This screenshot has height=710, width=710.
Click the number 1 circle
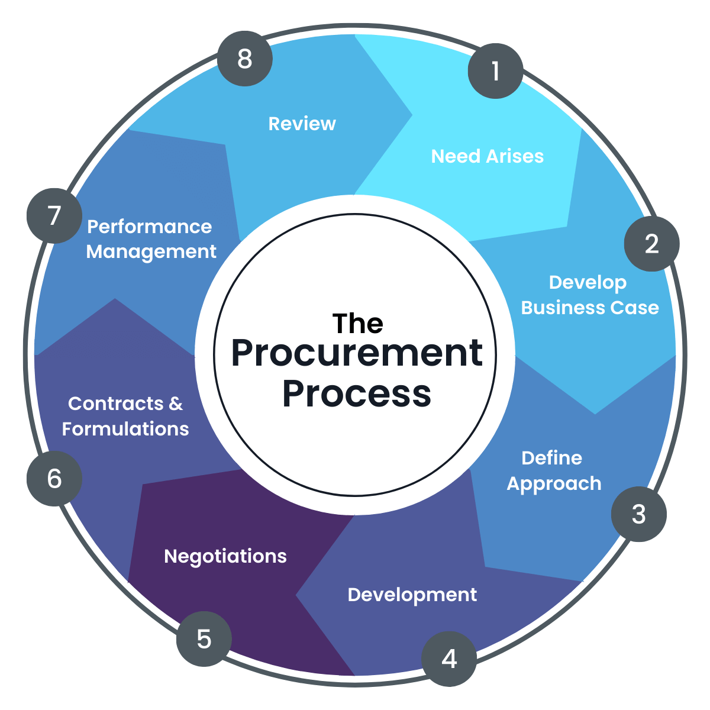tap(495, 71)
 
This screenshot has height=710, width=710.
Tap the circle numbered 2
tap(651, 244)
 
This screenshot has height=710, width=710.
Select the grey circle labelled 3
tap(638, 514)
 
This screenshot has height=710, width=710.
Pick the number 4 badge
tap(449, 659)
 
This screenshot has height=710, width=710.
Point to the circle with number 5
tap(204, 639)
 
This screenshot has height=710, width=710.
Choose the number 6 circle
tap(54, 478)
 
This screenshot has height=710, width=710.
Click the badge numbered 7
tap(54, 215)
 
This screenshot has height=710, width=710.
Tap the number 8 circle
tap(244, 59)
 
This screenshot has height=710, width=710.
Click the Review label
tap(302, 124)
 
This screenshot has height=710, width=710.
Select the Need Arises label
tap(487, 156)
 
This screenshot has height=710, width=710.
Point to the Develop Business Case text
tap(589, 295)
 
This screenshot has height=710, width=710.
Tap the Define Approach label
tap(553, 471)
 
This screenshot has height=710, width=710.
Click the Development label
tap(412, 595)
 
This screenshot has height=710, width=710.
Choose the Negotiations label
tap(225, 556)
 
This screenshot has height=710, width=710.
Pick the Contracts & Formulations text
tap(125, 416)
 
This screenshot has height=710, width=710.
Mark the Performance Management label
tap(151, 239)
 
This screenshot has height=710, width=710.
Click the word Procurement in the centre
tap(356, 353)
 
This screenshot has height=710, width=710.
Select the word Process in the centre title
tap(356, 393)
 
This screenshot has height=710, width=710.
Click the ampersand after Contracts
tap(175, 404)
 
